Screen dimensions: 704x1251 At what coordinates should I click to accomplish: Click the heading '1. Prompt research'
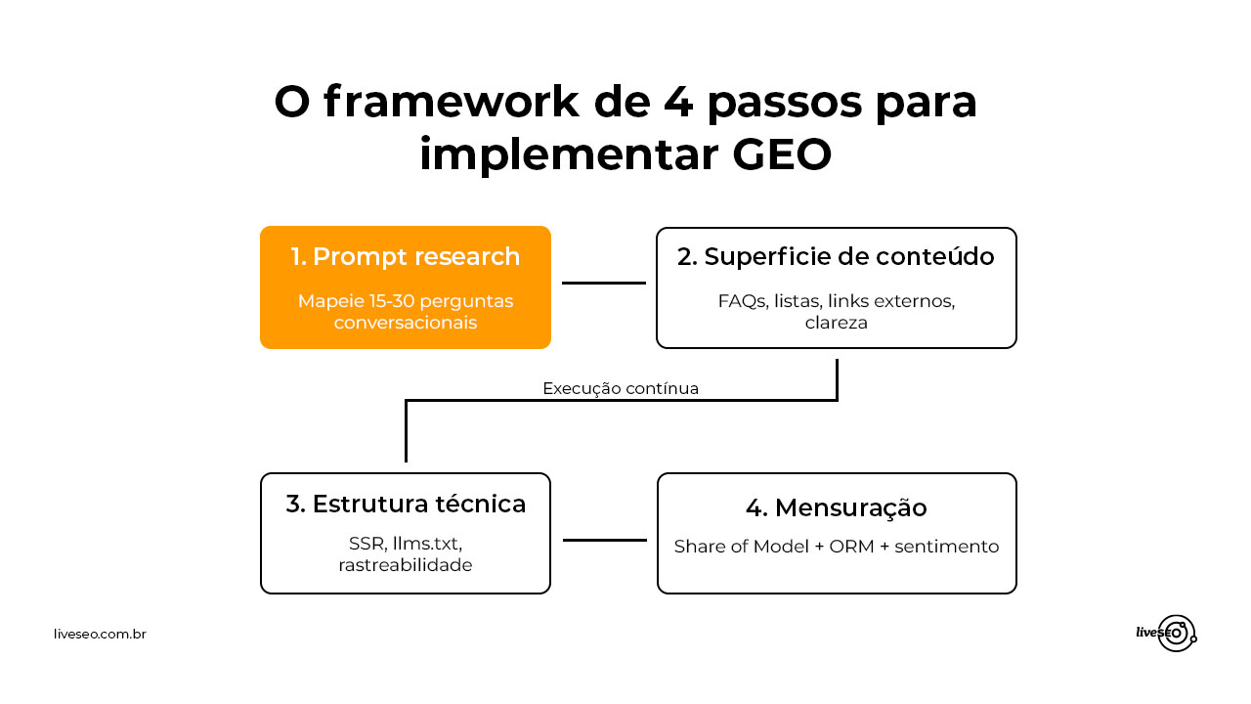406,257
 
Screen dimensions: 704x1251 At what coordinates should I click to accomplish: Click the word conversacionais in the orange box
406,322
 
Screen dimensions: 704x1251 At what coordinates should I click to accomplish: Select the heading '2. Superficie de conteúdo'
836,256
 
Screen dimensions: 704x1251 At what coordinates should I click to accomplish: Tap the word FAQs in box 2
742,301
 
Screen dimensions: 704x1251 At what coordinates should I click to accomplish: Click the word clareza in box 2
836,322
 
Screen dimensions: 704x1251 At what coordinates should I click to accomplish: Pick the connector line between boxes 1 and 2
604,284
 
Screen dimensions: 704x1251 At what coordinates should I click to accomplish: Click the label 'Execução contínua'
621,388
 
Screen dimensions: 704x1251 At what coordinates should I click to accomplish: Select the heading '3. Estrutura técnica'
406,505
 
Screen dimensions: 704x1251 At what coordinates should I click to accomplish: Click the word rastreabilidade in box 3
406,565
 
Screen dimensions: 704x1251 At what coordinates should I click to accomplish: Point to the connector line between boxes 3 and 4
605,540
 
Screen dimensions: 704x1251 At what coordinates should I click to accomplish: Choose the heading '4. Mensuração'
836,508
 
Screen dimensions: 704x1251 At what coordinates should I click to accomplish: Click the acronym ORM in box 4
851,547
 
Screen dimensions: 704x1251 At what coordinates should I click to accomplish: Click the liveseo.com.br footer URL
100,635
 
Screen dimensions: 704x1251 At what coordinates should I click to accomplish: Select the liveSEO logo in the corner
1167,634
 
